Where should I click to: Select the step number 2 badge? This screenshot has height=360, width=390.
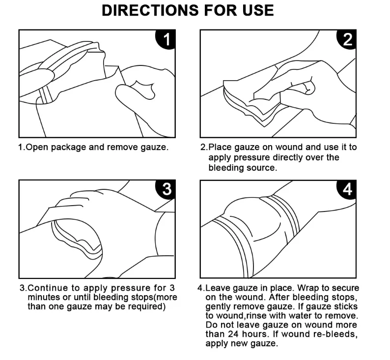pos(348,39)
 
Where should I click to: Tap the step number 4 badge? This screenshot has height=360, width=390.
pos(348,190)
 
